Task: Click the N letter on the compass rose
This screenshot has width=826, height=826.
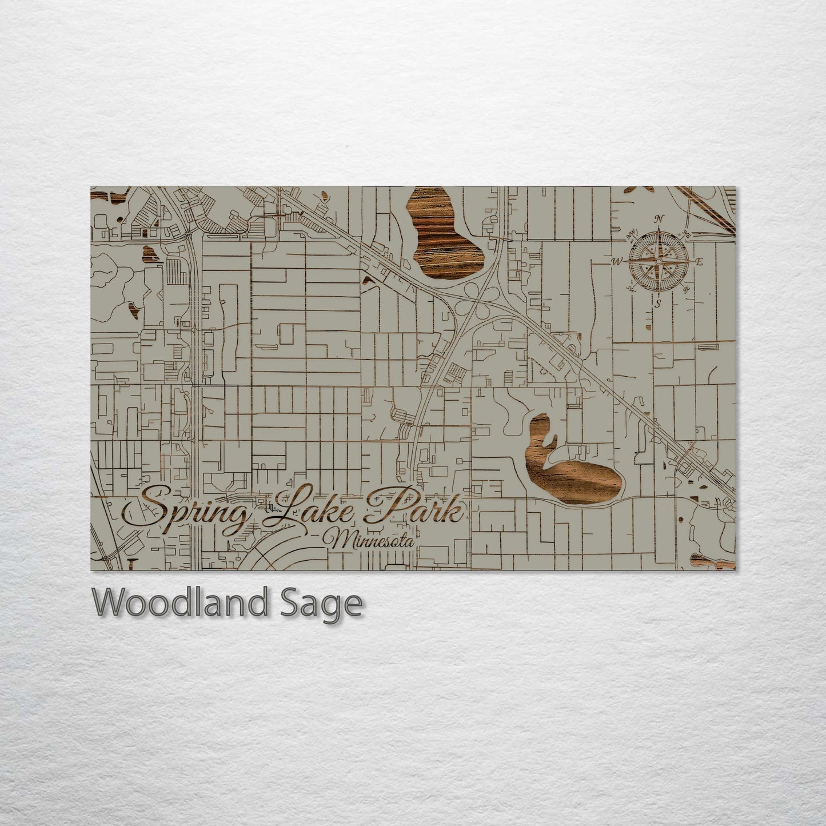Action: (x=659, y=218)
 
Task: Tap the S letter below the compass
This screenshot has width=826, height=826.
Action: (x=658, y=304)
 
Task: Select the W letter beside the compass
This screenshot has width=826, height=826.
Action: (x=617, y=262)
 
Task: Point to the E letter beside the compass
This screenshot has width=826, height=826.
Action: (x=699, y=261)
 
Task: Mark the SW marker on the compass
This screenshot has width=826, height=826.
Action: (x=632, y=288)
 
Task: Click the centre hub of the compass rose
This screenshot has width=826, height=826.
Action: (x=659, y=261)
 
